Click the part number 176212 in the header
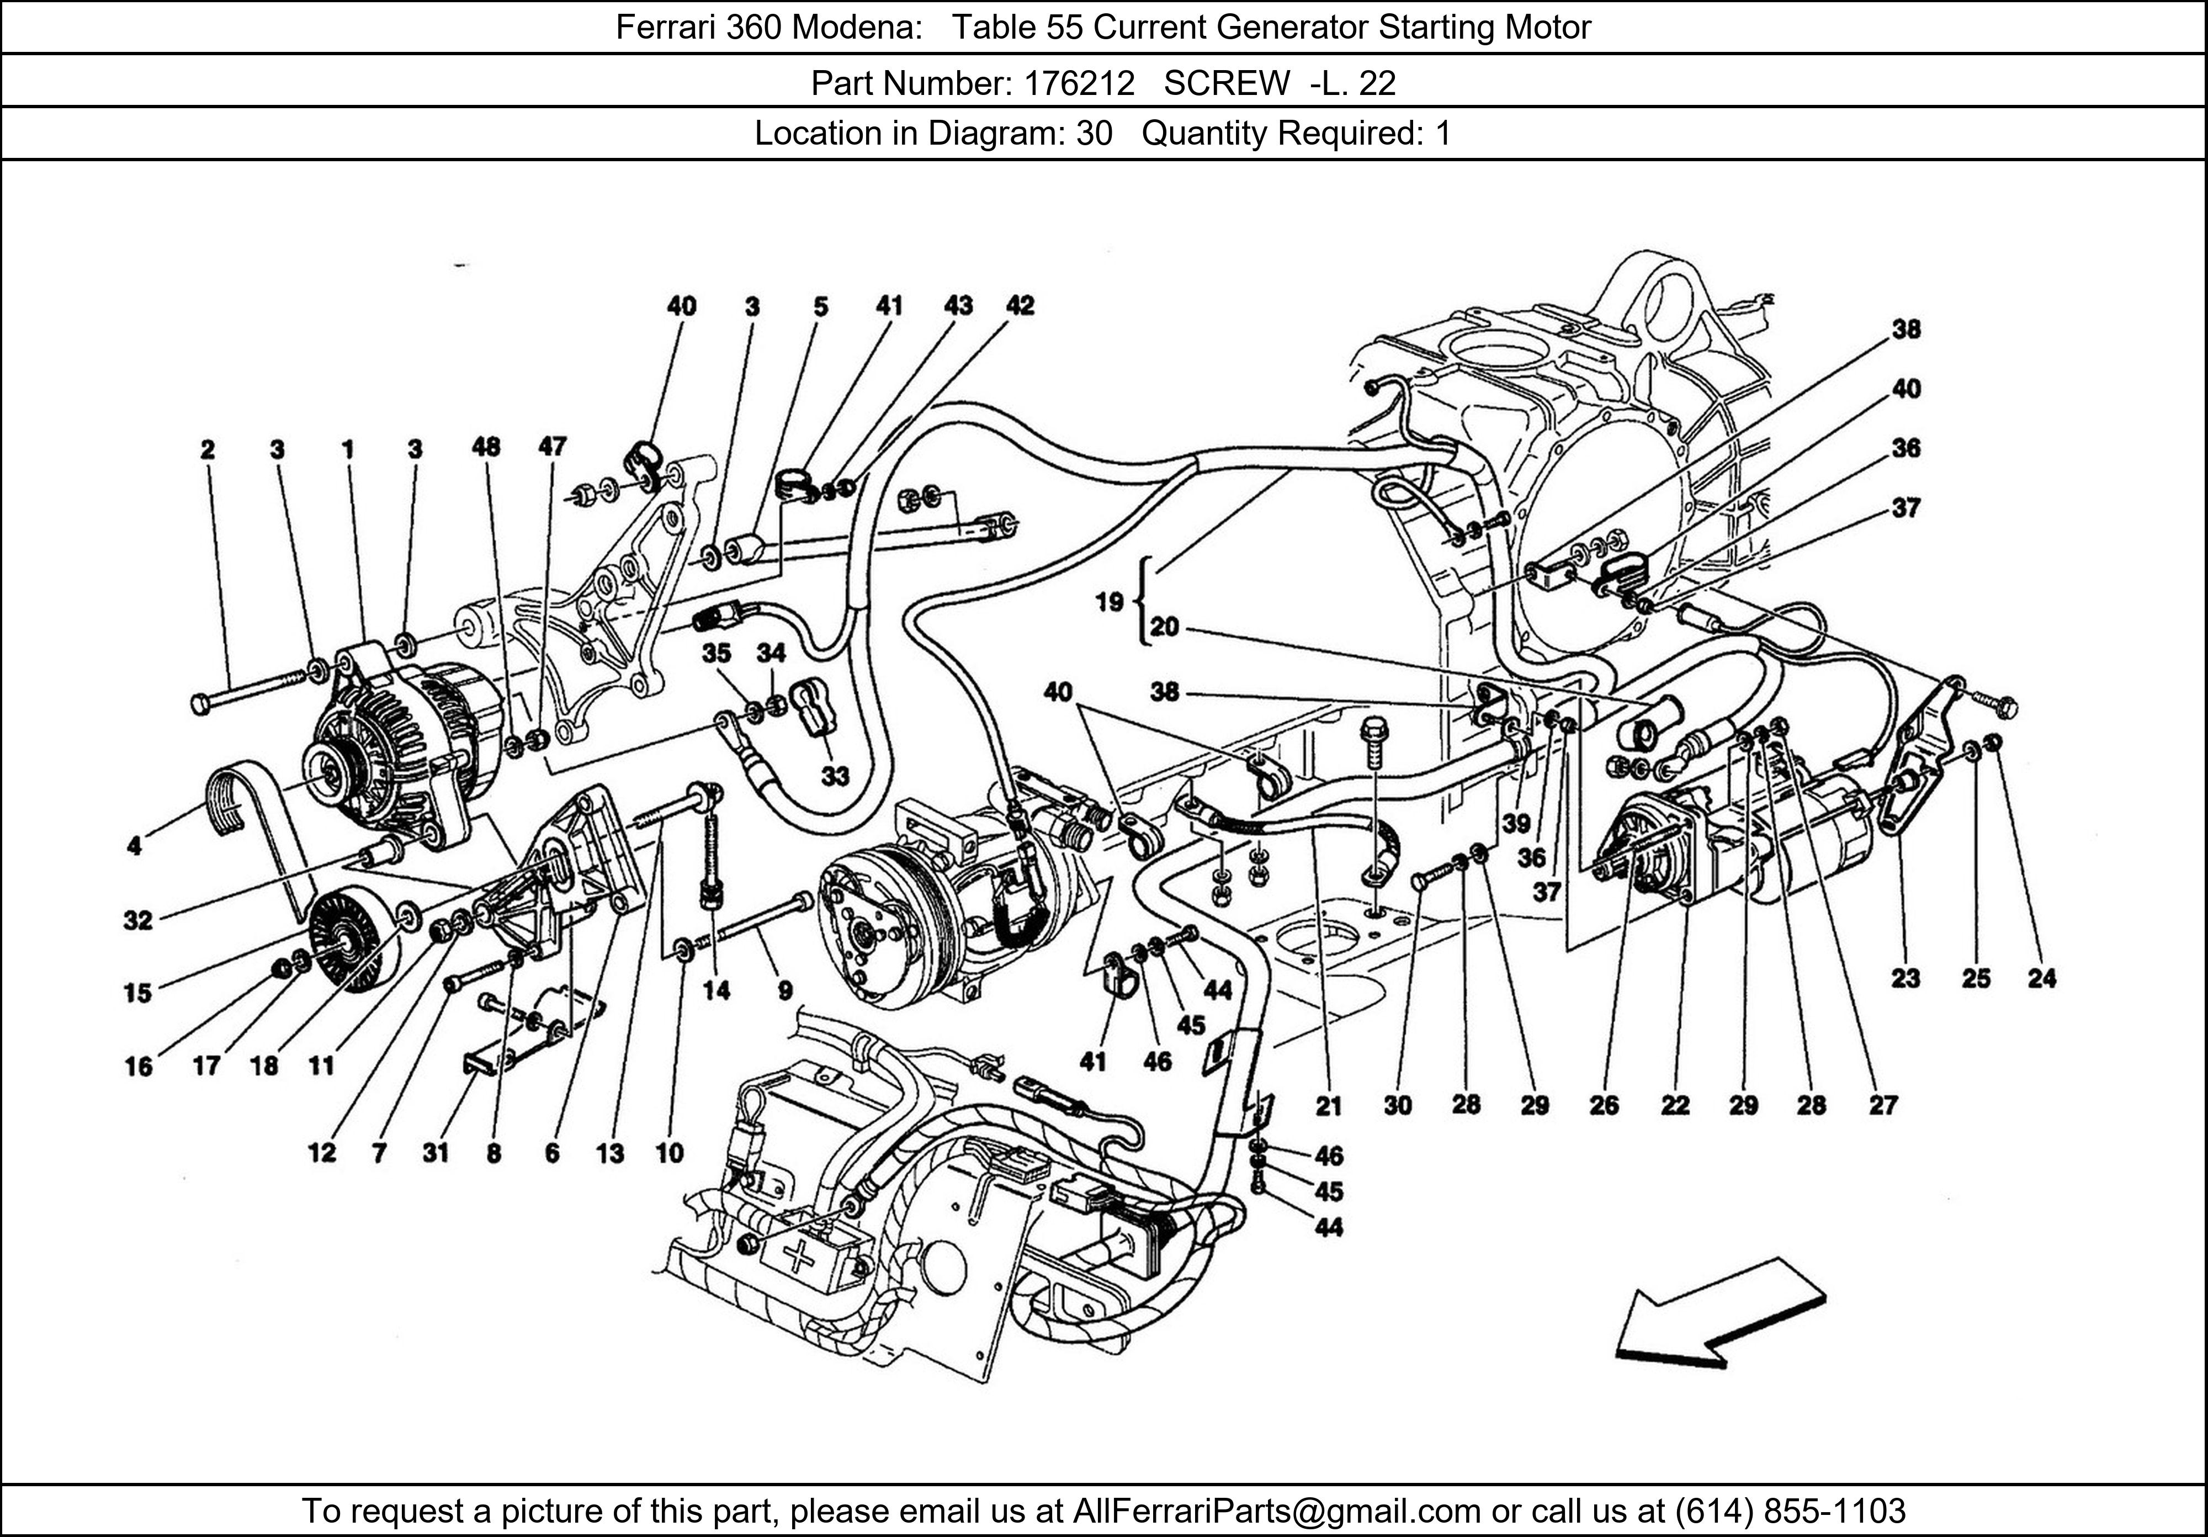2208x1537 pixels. [x=1079, y=84]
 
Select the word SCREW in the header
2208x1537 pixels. [x=1225, y=84]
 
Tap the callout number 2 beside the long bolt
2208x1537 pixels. [x=208, y=449]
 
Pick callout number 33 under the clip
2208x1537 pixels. [x=835, y=775]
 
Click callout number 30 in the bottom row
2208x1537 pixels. [x=1397, y=1106]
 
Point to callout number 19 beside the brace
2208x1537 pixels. [x=1109, y=602]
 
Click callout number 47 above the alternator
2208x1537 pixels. [x=552, y=446]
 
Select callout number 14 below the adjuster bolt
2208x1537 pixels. [x=716, y=990]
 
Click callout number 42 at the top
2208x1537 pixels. [x=1020, y=306]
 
